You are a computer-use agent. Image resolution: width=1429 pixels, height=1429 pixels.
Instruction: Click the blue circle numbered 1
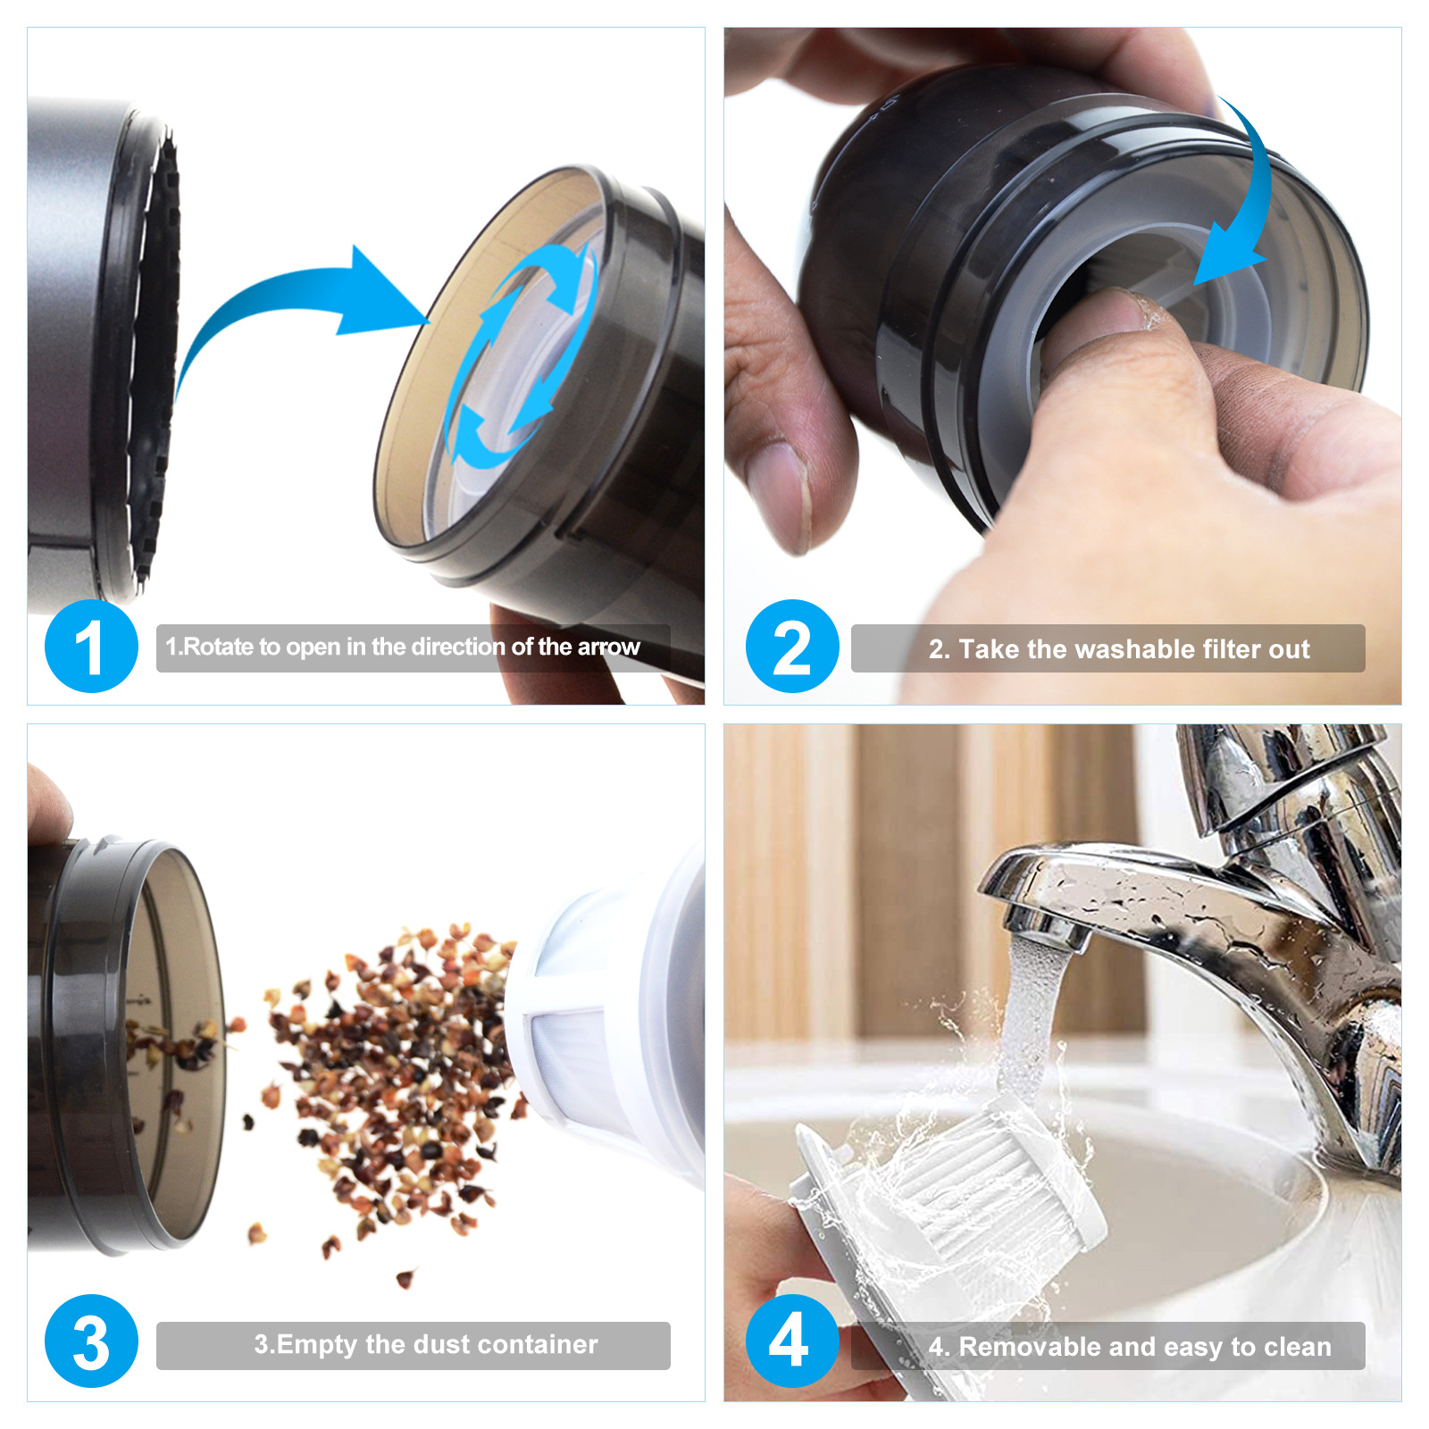tap(91, 646)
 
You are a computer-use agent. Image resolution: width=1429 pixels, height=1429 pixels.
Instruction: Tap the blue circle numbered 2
tap(792, 646)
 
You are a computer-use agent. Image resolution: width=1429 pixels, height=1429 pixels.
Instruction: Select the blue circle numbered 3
tap(91, 1341)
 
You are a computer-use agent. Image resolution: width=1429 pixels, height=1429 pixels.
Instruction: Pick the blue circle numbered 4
tap(792, 1341)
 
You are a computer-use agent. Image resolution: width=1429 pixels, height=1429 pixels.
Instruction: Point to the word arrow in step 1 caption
tap(609, 648)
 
